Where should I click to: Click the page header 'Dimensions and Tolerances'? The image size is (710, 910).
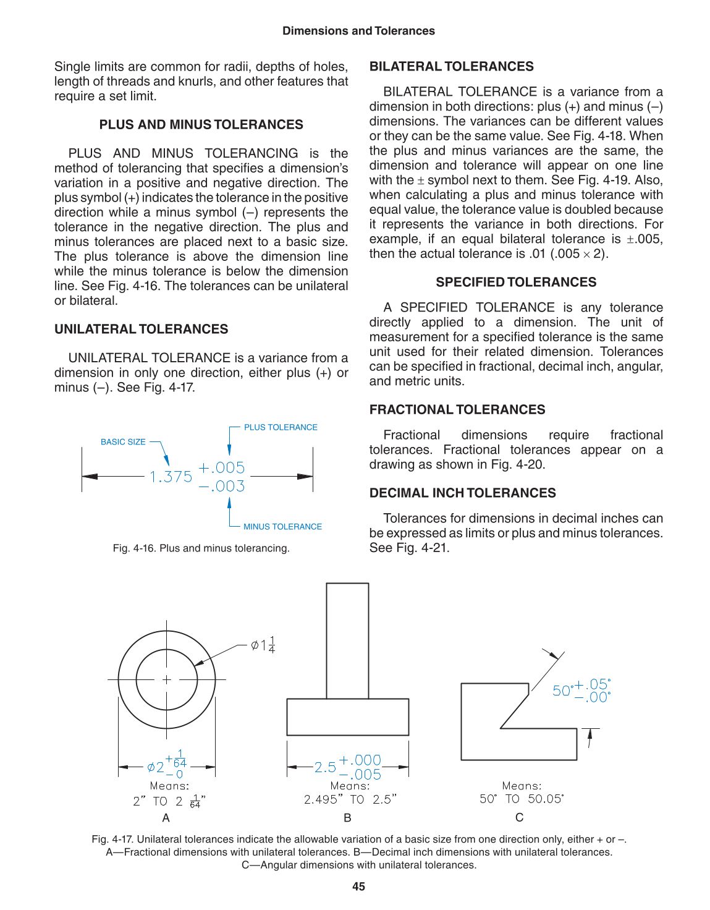click(x=358, y=31)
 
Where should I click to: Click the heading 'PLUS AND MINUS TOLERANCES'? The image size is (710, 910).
click(x=201, y=125)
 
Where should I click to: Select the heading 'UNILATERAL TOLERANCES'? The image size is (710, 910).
click(x=141, y=330)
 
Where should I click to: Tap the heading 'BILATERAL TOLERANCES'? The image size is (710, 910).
click(x=451, y=67)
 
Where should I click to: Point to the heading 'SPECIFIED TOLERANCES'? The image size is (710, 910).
click(x=516, y=283)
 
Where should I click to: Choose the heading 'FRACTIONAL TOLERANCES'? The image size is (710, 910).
click(x=457, y=410)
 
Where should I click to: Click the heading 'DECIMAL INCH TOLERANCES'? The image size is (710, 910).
click(x=462, y=493)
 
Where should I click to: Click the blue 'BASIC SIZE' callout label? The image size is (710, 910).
click(x=123, y=442)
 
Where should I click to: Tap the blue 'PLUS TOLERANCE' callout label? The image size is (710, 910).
click(x=281, y=427)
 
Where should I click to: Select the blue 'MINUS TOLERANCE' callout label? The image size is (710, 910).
click(x=282, y=527)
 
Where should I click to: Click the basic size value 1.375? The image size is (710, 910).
click(x=171, y=477)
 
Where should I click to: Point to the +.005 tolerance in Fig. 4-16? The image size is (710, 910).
click(x=222, y=467)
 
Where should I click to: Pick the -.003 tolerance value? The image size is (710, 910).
click(x=222, y=487)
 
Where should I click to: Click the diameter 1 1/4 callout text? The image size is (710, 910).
click(x=263, y=645)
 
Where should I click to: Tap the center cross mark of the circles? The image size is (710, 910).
click(x=166, y=680)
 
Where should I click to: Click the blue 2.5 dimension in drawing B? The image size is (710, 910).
click(x=325, y=767)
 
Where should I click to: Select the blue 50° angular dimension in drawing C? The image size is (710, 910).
click(x=562, y=691)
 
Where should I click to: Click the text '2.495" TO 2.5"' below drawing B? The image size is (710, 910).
click(x=350, y=799)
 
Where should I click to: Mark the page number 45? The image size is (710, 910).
click(x=358, y=887)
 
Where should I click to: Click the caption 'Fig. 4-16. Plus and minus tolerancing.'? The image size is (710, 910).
click(x=201, y=548)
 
